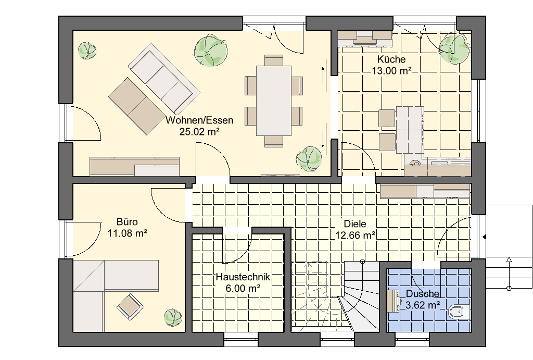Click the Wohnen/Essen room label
coord(199,120)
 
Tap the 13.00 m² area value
coord(391,71)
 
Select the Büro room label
coord(127,222)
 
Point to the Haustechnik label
coord(243,277)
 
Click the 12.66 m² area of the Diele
coord(355,235)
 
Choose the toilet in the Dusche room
coord(458,312)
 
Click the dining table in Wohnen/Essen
coord(274,101)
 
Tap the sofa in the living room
coord(164,78)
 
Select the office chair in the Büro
coord(129,306)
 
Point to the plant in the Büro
coord(173,318)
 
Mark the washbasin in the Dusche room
coord(394,301)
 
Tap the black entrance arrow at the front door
coord(485,237)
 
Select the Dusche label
coord(423,294)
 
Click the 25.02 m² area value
coord(199,131)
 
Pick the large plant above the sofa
coord(210,51)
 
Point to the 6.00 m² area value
coord(243,288)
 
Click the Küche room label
coord(391,59)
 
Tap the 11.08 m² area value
coord(127,233)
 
